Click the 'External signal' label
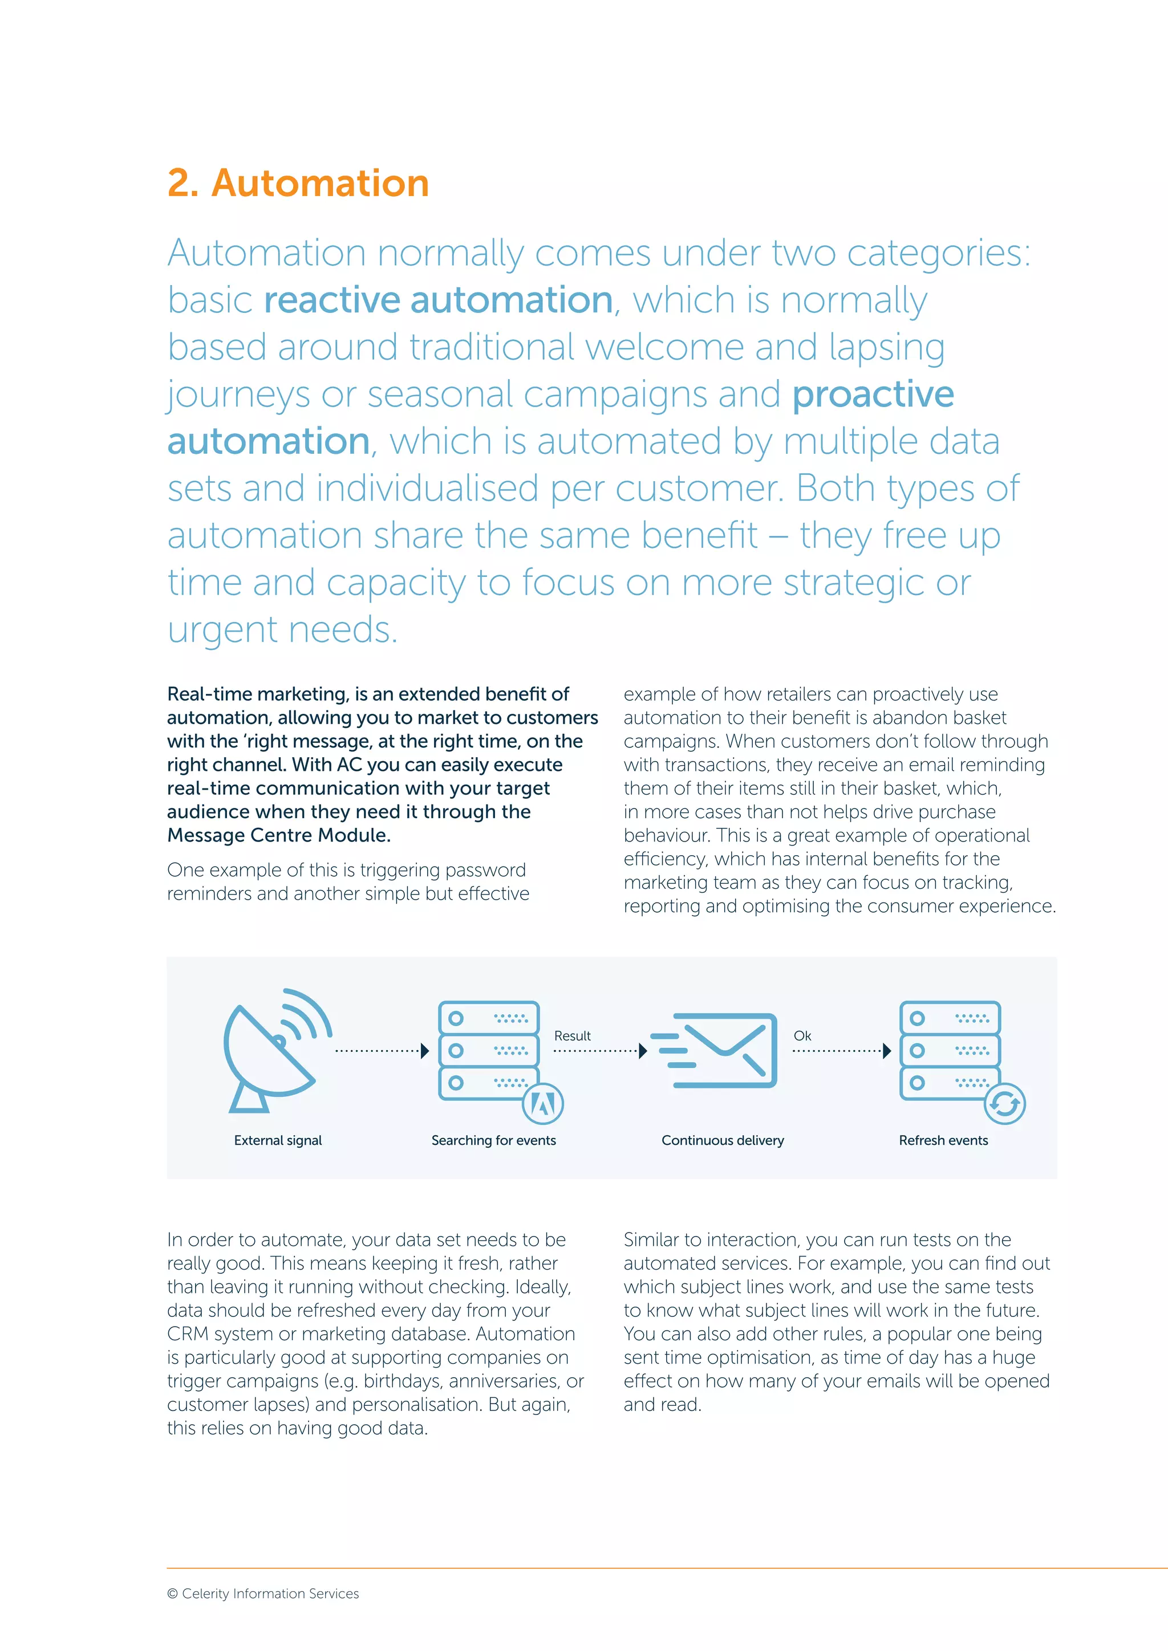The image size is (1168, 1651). (x=278, y=1140)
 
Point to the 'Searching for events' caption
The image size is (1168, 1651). (x=493, y=1140)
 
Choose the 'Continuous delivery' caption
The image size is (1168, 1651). (x=722, y=1140)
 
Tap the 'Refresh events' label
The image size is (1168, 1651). (x=943, y=1140)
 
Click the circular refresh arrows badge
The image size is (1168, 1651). (x=1005, y=1104)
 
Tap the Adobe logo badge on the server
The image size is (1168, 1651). (x=543, y=1104)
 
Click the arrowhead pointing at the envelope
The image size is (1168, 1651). (x=643, y=1051)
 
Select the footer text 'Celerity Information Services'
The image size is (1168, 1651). (x=270, y=1593)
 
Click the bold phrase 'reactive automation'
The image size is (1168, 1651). (x=439, y=300)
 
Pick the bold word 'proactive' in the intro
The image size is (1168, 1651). (x=873, y=394)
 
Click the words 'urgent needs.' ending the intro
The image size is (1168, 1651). (x=282, y=630)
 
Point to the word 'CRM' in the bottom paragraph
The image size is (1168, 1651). (x=188, y=1334)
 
